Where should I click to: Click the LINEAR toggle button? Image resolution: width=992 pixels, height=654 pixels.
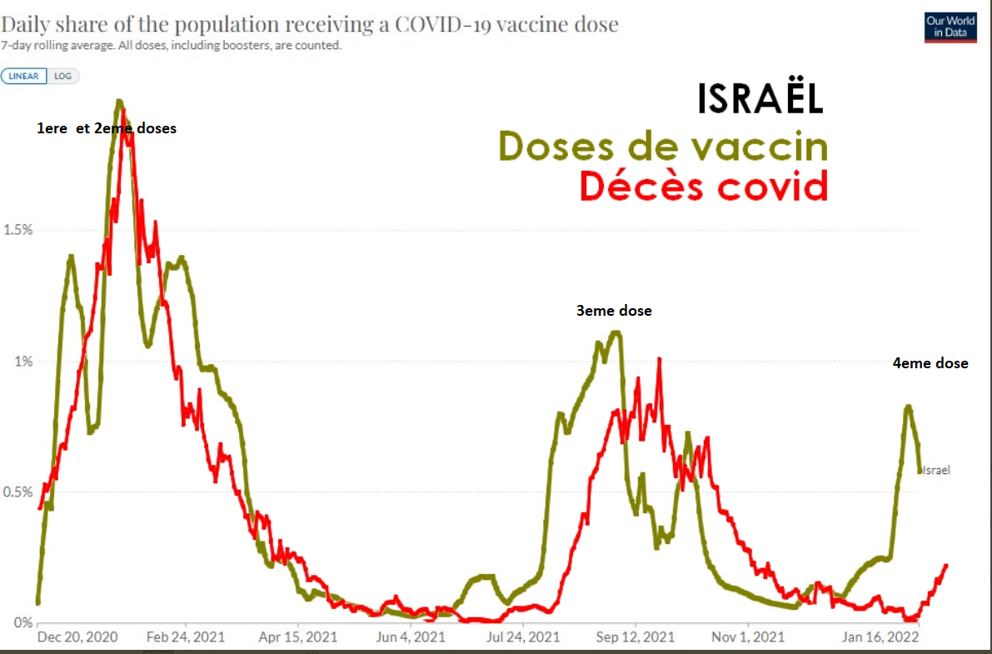25,76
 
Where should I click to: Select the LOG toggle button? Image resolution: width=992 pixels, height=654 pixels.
63,76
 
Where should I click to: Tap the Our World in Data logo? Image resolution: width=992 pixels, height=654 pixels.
950,27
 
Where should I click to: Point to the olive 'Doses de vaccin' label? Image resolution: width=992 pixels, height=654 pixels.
664,147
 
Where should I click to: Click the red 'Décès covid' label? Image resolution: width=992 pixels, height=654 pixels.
704,186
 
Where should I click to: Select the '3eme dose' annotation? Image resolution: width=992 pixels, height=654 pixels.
614,311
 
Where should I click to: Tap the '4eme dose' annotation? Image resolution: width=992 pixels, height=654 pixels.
930,363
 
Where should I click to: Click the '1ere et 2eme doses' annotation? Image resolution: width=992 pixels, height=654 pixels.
107,128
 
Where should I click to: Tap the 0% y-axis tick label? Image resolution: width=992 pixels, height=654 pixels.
23,622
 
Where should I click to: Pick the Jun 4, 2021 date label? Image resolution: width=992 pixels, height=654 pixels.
411,637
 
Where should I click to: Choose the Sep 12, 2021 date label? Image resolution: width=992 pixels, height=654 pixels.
636,637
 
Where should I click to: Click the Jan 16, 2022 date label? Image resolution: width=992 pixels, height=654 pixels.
880,637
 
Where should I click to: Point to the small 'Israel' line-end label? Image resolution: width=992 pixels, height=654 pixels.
935,470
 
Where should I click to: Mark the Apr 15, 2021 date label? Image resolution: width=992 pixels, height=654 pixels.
299,637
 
